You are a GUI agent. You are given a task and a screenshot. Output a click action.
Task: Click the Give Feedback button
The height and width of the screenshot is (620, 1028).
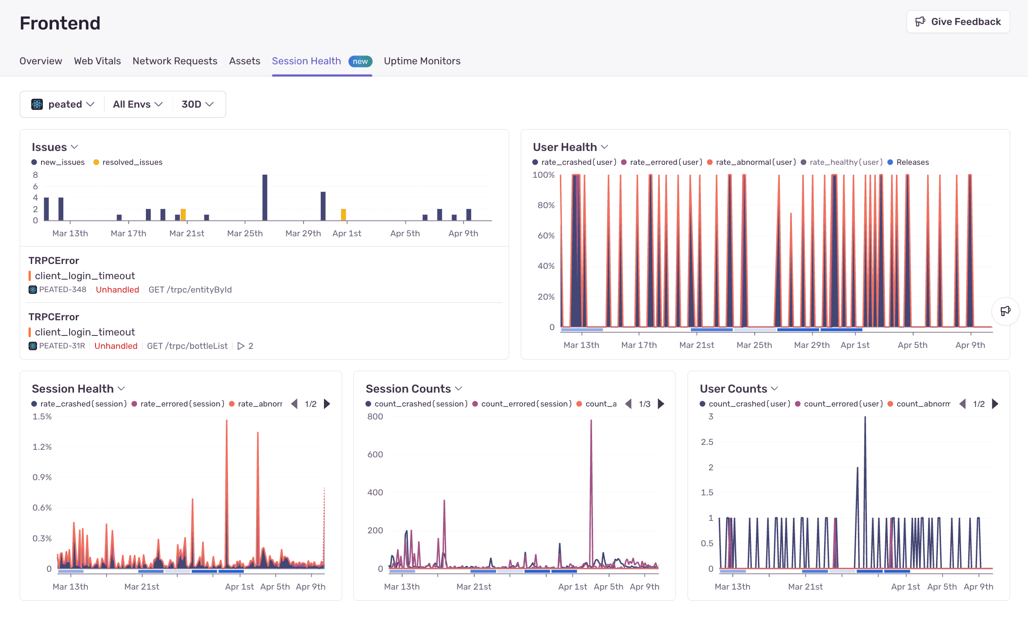(x=958, y=22)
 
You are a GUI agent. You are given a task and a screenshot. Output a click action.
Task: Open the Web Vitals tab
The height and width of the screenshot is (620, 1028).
(x=97, y=61)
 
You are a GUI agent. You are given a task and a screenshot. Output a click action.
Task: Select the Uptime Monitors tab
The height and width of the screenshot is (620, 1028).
(x=422, y=61)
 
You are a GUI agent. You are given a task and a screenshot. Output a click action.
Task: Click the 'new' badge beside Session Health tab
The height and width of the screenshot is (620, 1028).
(x=360, y=61)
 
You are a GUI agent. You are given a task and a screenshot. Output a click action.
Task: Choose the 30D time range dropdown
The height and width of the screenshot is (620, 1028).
(x=197, y=104)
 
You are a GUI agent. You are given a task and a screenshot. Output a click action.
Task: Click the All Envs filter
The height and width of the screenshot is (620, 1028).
(x=137, y=104)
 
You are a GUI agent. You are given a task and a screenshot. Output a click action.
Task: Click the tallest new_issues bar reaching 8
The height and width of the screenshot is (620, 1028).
(x=265, y=197)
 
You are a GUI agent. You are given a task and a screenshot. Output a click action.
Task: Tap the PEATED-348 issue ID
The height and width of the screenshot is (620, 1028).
(x=62, y=289)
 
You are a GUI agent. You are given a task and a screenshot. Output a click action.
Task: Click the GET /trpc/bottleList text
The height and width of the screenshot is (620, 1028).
(x=187, y=346)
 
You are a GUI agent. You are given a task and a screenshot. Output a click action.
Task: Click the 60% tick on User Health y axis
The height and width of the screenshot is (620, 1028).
(x=546, y=235)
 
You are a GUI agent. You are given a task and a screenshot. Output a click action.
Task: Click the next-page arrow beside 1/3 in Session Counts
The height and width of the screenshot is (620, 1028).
(x=661, y=404)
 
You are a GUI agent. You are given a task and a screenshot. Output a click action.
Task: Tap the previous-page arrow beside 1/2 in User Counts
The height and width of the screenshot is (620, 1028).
(x=962, y=404)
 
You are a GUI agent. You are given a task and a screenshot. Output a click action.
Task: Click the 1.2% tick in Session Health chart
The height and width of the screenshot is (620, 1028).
(x=42, y=447)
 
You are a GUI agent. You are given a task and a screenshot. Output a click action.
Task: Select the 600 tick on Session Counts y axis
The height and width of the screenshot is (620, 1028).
(x=375, y=454)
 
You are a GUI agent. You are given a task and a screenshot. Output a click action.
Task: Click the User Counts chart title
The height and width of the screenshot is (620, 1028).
(x=733, y=389)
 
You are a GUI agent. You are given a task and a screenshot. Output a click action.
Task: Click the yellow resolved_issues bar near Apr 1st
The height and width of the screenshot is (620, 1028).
(x=343, y=214)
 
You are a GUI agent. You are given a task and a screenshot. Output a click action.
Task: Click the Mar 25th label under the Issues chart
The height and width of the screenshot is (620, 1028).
(x=245, y=233)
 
